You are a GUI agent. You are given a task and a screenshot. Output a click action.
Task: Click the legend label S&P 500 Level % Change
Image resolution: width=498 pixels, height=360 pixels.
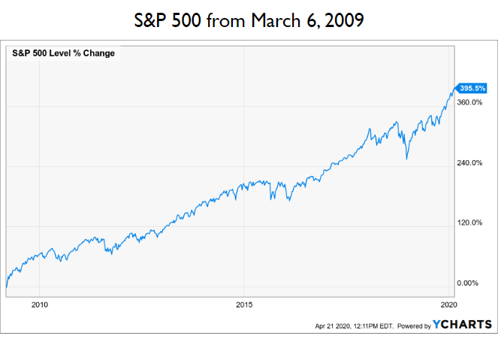click(x=63, y=53)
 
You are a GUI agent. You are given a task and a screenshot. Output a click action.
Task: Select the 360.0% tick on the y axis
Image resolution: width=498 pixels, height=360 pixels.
click(x=469, y=102)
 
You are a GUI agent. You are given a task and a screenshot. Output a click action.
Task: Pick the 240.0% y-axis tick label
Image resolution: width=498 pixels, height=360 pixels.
click(x=469, y=163)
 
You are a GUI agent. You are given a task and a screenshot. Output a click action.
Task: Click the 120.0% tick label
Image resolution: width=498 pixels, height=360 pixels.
click(x=469, y=223)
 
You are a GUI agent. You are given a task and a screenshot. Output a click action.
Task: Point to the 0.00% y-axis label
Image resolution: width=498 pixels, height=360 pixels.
click(x=468, y=283)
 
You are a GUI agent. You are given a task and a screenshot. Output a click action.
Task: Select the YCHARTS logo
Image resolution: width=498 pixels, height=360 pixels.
click(x=463, y=325)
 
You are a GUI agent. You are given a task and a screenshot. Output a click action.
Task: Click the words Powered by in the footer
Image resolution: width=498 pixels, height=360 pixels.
click(x=413, y=326)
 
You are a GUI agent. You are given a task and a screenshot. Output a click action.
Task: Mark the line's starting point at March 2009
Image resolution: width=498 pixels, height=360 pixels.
click(x=6, y=287)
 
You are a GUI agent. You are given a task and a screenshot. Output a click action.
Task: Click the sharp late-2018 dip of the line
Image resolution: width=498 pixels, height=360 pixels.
click(x=406, y=159)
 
